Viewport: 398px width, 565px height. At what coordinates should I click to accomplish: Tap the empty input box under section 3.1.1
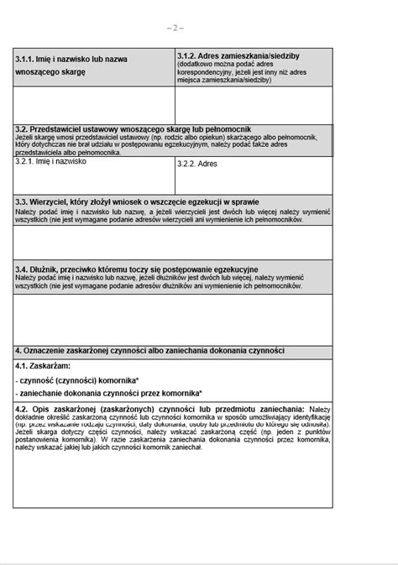tap(94, 105)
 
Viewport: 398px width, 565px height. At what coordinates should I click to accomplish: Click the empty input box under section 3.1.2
tap(254, 105)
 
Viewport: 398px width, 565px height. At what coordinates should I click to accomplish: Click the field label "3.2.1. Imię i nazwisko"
tap(50, 161)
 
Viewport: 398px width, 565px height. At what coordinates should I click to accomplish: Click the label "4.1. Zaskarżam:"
tap(43, 367)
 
